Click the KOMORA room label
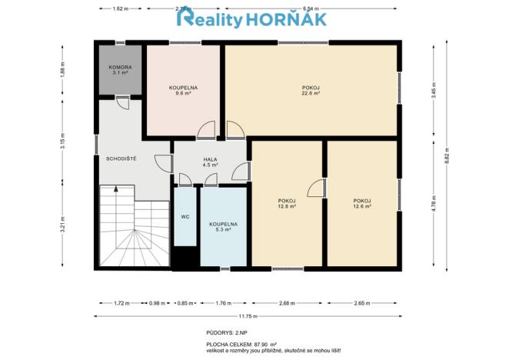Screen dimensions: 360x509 [121, 68]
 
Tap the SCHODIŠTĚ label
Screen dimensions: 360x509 [121, 158]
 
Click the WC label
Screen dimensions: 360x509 [185, 217]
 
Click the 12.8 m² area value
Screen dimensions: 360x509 [287, 206]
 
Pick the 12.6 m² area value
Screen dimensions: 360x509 [362, 206]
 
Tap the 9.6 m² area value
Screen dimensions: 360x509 [184, 93]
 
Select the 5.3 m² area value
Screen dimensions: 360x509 [223, 228]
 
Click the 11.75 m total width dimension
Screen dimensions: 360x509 [246, 315]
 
